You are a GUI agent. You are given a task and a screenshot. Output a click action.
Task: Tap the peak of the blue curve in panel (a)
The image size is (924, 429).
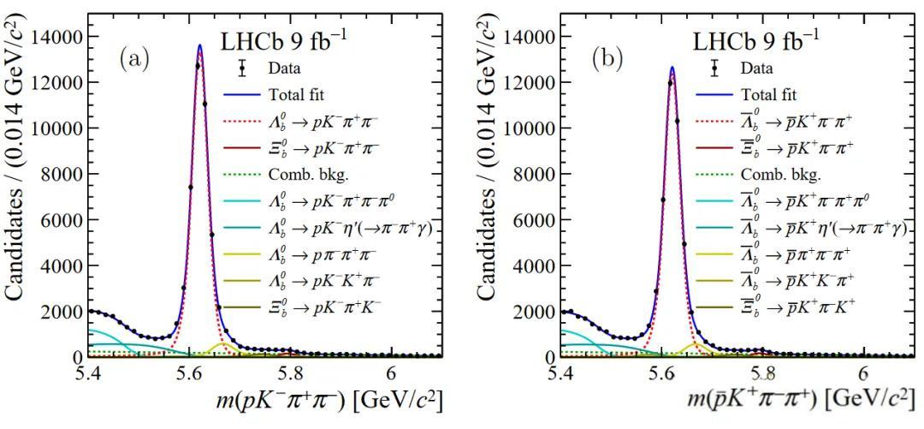[x=199, y=45]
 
